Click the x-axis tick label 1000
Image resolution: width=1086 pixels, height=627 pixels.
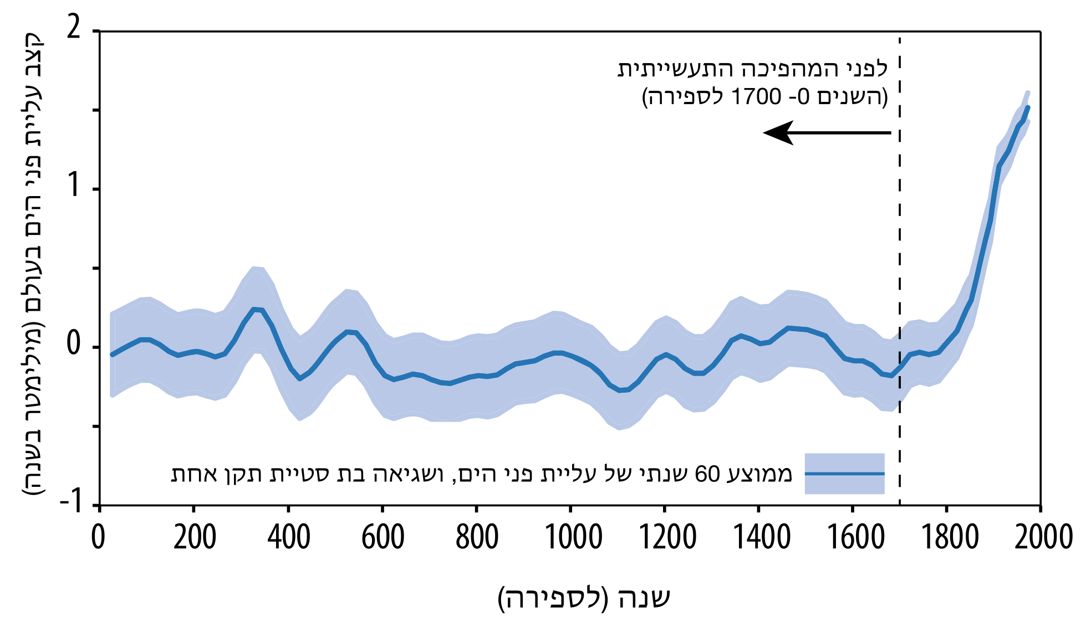click(573, 537)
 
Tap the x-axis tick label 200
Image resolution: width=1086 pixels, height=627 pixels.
click(194, 537)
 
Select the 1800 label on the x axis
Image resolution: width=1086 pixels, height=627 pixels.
click(950, 537)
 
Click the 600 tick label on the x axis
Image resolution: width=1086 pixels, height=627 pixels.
click(383, 537)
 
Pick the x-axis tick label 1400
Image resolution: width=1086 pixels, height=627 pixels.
click(762, 537)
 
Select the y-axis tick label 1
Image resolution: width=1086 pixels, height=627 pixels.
click(74, 187)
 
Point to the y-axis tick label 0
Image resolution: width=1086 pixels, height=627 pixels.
click(74, 345)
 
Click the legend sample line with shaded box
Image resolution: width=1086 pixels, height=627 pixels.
click(844, 474)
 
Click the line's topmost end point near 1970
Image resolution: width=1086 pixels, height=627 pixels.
click(1028, 107)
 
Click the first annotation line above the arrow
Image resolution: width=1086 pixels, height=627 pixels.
click(752, 69)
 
